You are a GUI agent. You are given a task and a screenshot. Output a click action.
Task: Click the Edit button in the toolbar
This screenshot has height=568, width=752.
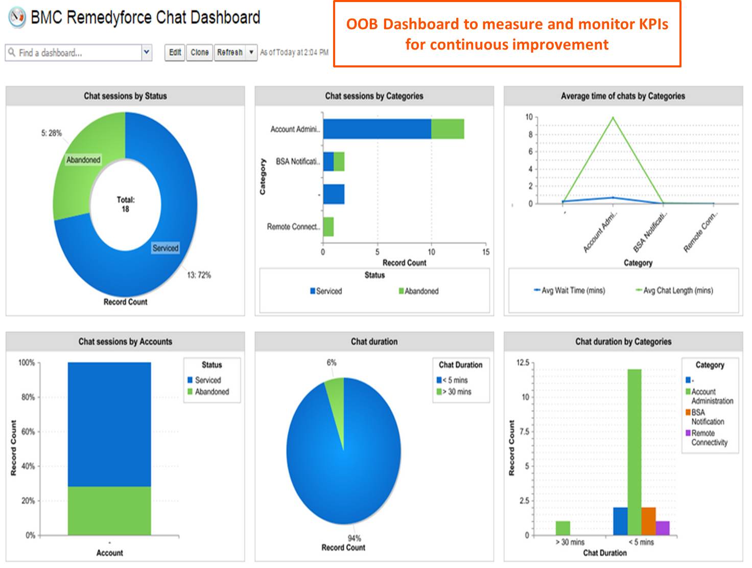coord(175,53)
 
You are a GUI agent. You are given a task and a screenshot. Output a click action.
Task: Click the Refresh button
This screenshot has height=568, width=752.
coord(230,53)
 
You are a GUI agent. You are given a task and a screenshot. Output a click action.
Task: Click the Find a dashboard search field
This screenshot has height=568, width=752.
coord(74,53)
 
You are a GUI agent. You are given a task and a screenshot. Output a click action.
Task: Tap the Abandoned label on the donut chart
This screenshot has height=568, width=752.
coord(83,160)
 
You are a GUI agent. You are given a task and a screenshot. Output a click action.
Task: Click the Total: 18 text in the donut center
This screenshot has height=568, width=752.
coord(125,204)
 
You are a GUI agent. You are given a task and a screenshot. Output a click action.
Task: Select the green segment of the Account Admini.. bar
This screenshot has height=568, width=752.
coord(448,129)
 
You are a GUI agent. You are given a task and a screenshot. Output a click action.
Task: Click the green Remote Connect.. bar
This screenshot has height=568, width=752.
coord(328,227)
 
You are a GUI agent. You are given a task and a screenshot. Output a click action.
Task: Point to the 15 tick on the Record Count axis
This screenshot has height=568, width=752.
coord(485,252)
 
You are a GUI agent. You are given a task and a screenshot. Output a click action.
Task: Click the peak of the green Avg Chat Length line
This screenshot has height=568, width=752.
coord(613,118)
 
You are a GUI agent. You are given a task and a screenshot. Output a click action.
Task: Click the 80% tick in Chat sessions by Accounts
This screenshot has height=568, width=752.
coord(27,397)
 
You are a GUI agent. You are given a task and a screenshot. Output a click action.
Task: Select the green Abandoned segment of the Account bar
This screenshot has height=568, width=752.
coord(109,511)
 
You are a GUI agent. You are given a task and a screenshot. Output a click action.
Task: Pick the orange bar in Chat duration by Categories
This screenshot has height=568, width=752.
coord(648,521)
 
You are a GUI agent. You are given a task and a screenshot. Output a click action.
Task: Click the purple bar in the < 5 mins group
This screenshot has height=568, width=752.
coord(663,528)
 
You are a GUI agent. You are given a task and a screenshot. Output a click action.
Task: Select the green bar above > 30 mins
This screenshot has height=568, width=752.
coord(563,528)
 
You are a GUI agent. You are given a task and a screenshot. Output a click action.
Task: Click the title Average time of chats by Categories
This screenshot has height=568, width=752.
coord(623,96)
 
